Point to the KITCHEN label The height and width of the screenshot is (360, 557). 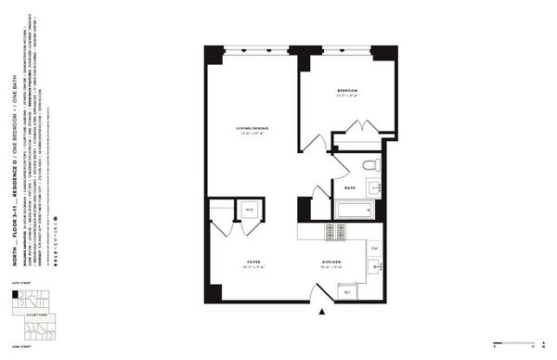(332, 263)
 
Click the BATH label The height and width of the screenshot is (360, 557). (349, 188)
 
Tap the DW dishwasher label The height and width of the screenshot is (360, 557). (374, 249)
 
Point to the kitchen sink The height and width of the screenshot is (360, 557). (375, 267)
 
